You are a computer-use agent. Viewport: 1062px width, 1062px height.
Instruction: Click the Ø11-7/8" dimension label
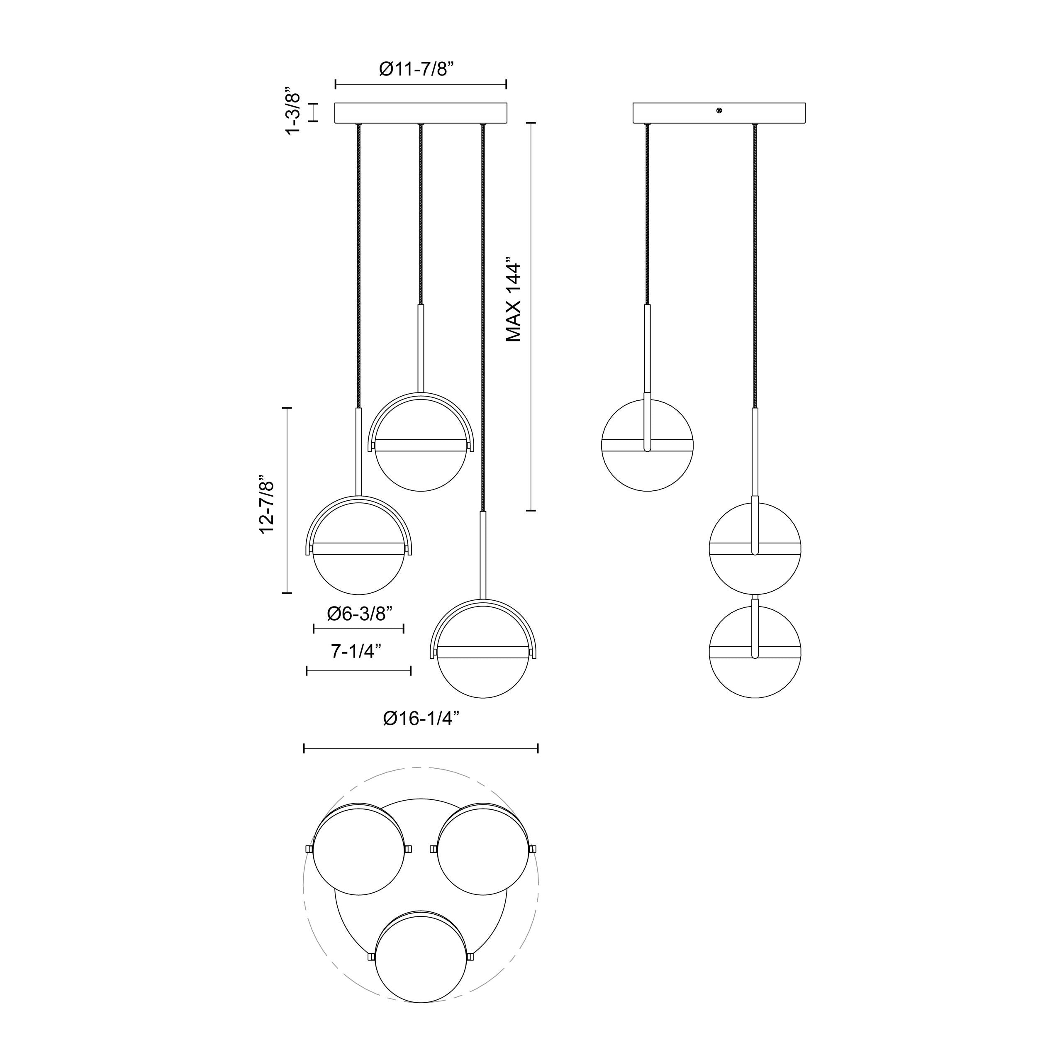417,69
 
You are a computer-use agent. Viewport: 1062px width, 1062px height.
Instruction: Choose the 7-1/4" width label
356,651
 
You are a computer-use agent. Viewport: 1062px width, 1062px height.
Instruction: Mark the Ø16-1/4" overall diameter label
421,719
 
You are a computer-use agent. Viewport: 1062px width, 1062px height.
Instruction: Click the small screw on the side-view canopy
719,111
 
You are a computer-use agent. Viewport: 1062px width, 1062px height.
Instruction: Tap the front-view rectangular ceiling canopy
421,113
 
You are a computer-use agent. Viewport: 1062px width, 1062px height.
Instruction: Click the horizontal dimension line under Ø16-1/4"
421,748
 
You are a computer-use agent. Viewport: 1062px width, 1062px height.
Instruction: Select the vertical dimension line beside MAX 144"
531,317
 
